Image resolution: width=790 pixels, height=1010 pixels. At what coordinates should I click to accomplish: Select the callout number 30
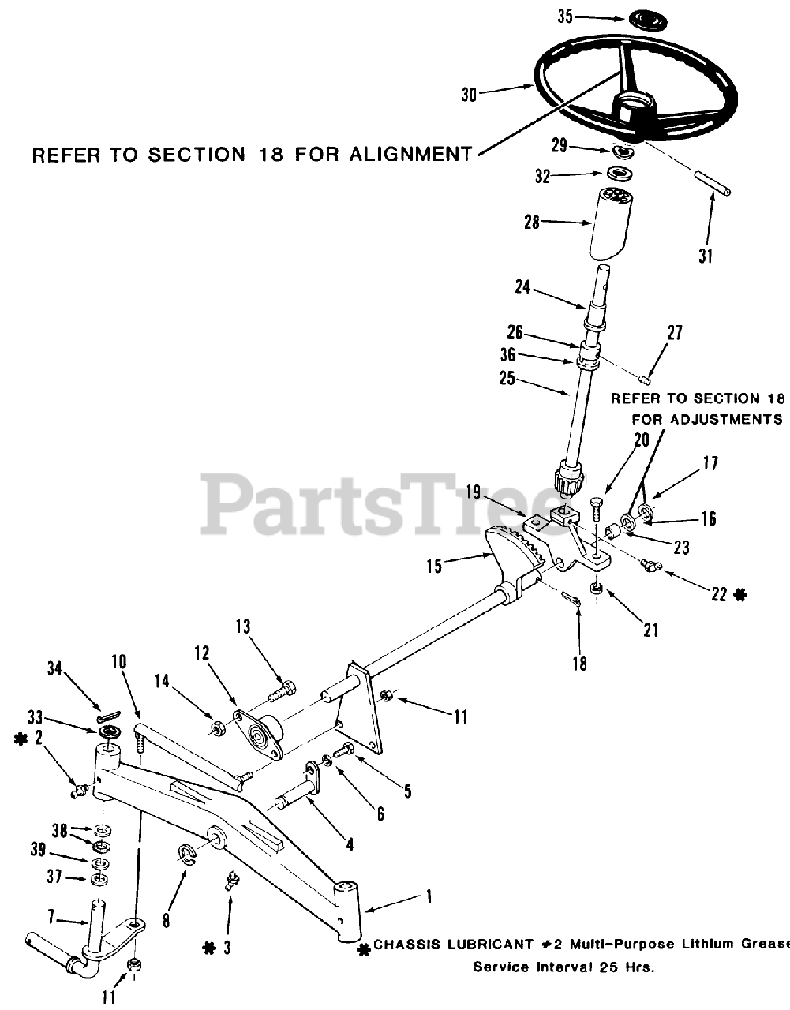(470, 94)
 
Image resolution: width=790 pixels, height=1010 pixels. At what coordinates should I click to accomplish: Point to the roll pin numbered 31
(713, 184)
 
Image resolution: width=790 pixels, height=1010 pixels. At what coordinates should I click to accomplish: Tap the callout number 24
(522, 287)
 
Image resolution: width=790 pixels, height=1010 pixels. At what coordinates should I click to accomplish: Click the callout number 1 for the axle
(429, 896)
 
